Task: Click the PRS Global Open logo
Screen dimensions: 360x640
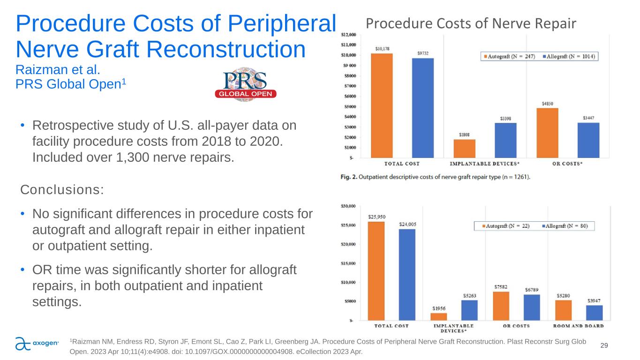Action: pos(245,85)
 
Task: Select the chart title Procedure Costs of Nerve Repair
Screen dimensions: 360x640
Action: pos(470,23)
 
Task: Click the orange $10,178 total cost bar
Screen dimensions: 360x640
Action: pos(381,105)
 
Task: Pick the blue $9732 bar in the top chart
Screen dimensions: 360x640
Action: pos(422,108)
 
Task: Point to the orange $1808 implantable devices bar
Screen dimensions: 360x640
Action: pos(464,148)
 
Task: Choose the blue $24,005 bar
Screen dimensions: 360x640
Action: pos(407,274)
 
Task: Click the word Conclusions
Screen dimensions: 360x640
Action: pos(62,190)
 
